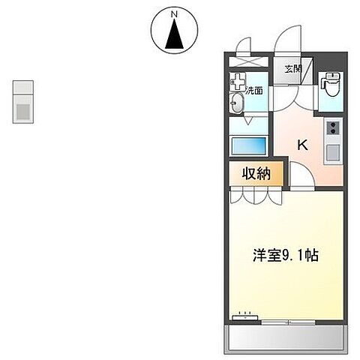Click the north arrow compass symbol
click(x=175, y=34)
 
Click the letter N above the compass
click(x=175, y=13)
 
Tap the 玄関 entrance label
click(x=291, y=69)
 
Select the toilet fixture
click(x=329, y=88)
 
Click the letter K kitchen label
click(x=304, y=145)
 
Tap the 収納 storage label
click(x=255, y=174)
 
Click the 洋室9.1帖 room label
click(x=286, y=256)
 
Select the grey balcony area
click(x=286, y=338)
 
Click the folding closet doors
click(x=254, y=196)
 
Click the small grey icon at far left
click(x=23, y=100)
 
